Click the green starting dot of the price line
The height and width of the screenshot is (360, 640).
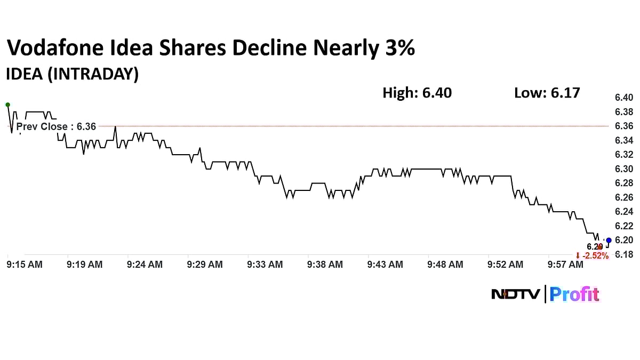7,105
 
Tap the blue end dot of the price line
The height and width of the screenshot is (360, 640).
609,240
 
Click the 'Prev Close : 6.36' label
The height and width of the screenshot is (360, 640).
56,126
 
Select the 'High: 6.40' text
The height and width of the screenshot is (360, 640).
417,93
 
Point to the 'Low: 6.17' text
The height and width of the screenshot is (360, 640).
547,93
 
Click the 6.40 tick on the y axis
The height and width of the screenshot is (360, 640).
623,98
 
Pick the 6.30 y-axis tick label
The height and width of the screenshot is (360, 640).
623,169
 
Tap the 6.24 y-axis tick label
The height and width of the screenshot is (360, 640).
623,212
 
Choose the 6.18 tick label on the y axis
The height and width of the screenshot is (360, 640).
623,254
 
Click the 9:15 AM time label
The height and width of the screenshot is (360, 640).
25,265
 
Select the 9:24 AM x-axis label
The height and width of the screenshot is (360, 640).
145,265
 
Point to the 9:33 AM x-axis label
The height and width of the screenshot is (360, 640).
265,265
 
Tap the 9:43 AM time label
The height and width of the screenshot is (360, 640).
386,265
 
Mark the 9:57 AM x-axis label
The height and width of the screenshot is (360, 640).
566,265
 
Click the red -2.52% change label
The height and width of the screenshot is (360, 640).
592,256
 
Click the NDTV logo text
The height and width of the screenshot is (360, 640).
515,294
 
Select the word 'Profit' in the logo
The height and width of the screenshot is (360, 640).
574,294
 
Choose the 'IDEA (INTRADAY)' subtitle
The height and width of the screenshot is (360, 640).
72,74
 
